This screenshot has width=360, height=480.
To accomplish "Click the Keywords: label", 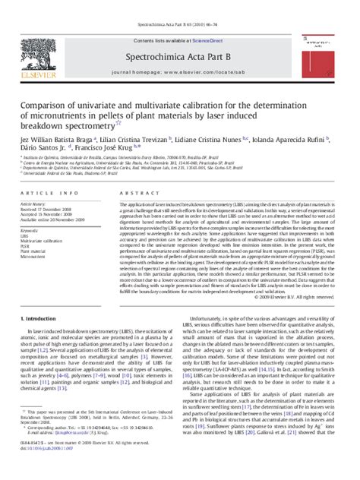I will [x=32, y=229].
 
